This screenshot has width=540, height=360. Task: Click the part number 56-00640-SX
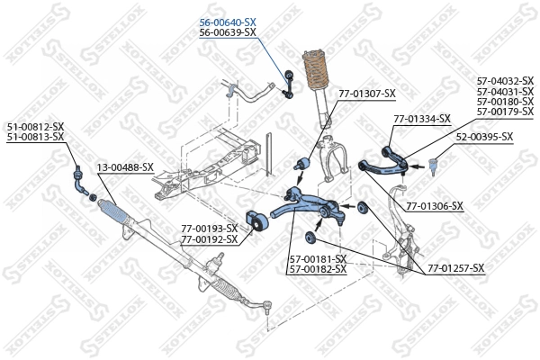(228, 22)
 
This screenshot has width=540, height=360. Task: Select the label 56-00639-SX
(228, 31)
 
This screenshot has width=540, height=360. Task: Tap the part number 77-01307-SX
(366, 93)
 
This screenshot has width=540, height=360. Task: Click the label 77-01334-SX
(421, 118)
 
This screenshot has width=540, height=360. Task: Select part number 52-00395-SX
(483, 137)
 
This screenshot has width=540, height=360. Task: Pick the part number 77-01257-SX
(455, 268)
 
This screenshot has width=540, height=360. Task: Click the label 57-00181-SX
(318, 259)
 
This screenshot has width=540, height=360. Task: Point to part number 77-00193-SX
(209, 229)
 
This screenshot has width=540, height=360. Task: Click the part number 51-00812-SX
(36, 126)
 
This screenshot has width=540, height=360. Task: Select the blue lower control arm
(306, 205)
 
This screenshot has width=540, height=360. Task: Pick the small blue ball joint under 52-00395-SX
(432, 166)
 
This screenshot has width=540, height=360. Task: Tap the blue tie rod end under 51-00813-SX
(79, 179)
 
